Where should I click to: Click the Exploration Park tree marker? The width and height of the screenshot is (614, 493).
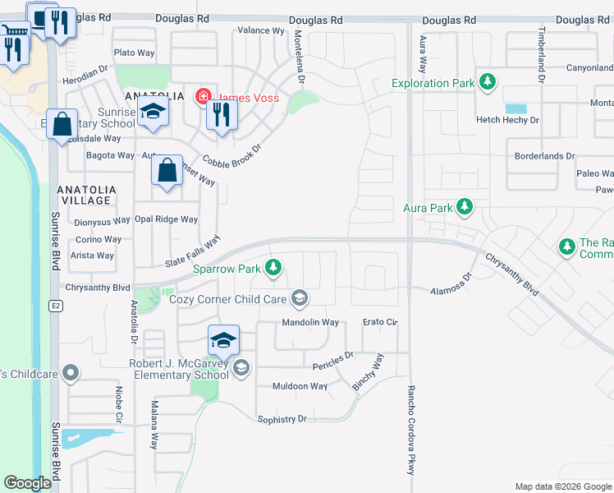click(488, 82)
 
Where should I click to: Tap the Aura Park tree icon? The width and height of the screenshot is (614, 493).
click(465, 207)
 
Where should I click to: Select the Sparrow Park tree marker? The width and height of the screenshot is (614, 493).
click(273, 268)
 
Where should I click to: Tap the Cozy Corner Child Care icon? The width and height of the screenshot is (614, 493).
click(300, 298)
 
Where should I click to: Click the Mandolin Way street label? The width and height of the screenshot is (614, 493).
click(311, 323)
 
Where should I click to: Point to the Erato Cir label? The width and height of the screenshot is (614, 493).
click(380, 323)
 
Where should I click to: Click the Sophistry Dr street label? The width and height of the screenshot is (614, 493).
click(282, 419)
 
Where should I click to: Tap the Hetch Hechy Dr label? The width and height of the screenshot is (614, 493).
click(508, 120)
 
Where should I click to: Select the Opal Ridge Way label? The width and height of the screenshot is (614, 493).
click(167, 219)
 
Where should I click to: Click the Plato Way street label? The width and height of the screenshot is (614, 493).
click(135, 53)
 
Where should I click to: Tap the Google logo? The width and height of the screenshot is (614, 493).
click(28, 483)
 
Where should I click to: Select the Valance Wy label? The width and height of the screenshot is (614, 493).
click(260, 30)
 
